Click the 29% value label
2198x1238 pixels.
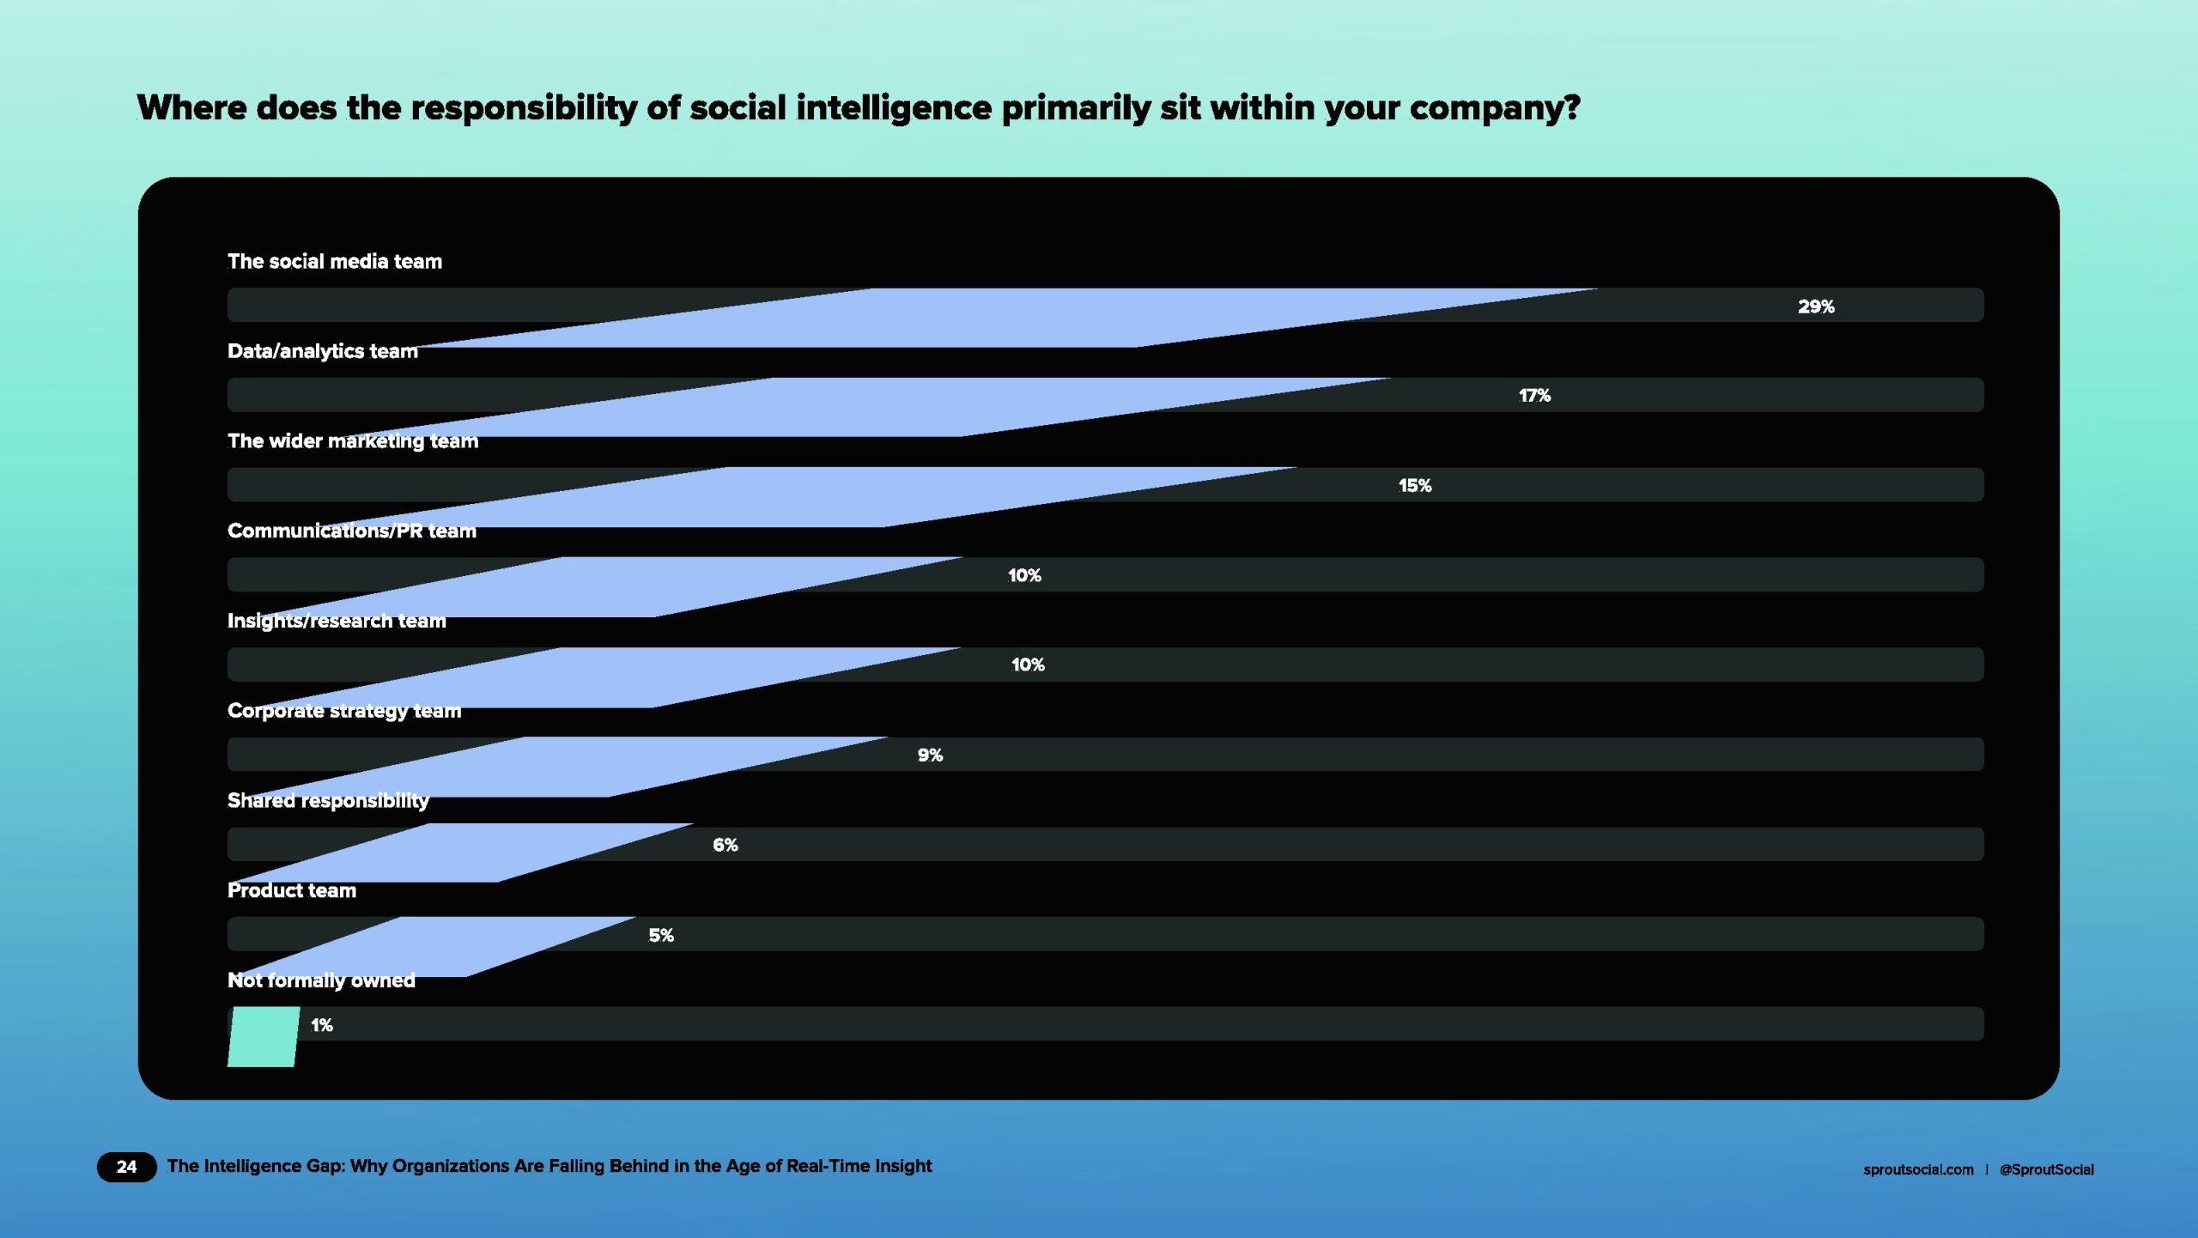coord(1816,306)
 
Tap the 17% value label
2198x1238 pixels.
coord(1534,396)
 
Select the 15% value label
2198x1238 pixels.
coord(1415,486)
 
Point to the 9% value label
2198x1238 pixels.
coord(930,756)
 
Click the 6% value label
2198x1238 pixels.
coord(725,845)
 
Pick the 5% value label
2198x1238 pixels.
coord(660,935)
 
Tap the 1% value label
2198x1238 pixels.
coord(321,1025)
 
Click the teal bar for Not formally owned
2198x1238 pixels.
coord(264,1037)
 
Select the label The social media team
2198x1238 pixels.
coord(335,261)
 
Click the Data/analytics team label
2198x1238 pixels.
coord(323,351)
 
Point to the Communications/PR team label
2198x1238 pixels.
coord(352,531)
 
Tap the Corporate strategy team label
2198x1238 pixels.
coord(344,711)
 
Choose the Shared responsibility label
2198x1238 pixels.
coord(328,801)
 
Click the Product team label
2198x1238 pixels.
coord(292,890)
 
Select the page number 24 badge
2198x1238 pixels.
coord(126,1167)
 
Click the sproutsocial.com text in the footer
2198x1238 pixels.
coord(1918,1169)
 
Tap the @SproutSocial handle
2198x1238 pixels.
coord(2046,1169)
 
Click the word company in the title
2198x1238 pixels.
coord(1495,109)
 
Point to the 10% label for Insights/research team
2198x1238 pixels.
coord(1028,665)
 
